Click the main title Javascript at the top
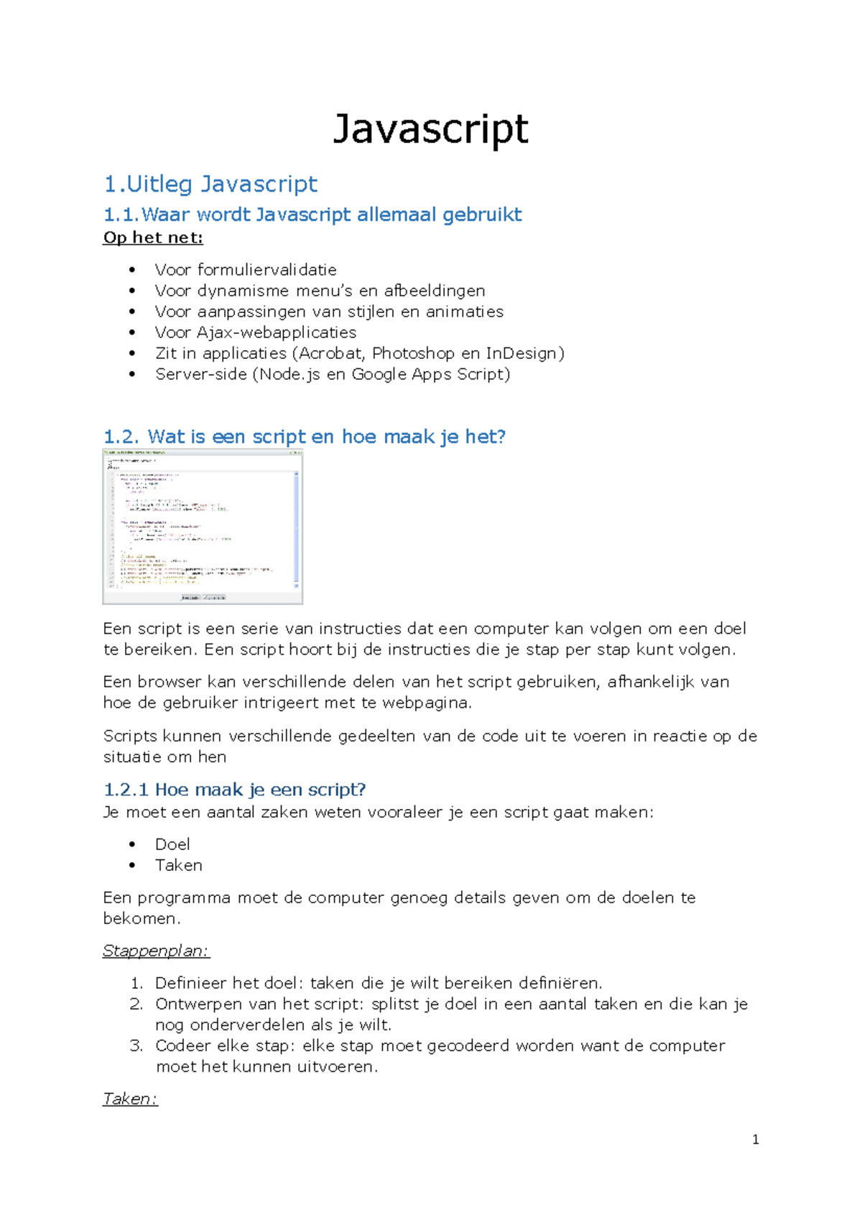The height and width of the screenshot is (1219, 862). coord(430,129)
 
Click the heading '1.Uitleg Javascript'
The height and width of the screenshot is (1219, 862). coord(210,184)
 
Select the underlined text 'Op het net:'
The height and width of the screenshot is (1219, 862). coord(153,238)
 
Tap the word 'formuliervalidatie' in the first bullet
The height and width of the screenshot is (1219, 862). coord(267,270)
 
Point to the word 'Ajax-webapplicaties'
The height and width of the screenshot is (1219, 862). coord(277,332)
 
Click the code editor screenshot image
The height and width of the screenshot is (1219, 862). coord(203,526)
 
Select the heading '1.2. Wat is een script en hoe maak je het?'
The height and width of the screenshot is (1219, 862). coord(305,436)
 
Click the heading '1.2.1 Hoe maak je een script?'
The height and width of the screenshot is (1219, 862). coord(235,790)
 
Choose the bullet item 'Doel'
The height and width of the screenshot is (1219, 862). coord(172,844)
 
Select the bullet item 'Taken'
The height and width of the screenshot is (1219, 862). coord(178,865)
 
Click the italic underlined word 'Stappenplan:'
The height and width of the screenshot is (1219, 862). coord(156,951)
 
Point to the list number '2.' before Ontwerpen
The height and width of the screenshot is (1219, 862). coord(136,1004)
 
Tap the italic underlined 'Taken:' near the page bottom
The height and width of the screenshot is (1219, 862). coord(130,1098)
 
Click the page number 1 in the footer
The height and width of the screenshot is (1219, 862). coord(755,1139)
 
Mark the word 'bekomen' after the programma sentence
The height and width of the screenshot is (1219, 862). coord(139,918)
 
